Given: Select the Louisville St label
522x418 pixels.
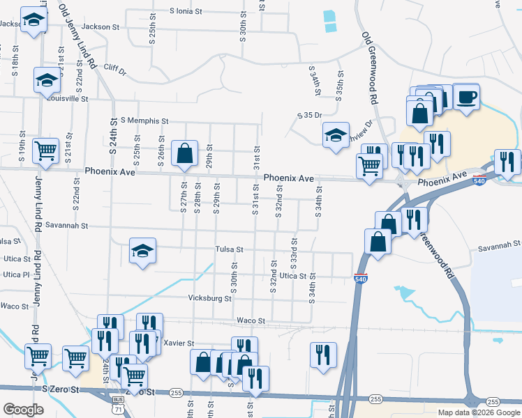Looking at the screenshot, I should (x=68, y=99).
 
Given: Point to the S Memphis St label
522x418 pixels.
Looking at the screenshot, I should (x=144, y=121).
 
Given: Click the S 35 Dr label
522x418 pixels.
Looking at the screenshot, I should (x=309, y=115).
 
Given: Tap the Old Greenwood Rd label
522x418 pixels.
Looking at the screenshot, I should (x=370, y=68).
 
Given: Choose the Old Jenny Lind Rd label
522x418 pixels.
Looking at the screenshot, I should (x=77, y=35).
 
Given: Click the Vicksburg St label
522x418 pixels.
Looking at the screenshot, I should (x=210, y=298).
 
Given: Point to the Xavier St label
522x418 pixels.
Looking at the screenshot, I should (x=178, y=343).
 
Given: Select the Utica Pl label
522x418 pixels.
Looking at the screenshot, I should (x=15, y=274).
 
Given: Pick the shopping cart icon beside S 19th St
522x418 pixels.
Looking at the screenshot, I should (x=45, y=150).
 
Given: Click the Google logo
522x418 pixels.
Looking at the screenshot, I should (x=23, y=410).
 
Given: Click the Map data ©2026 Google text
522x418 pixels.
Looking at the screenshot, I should (x=479, y=412).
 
